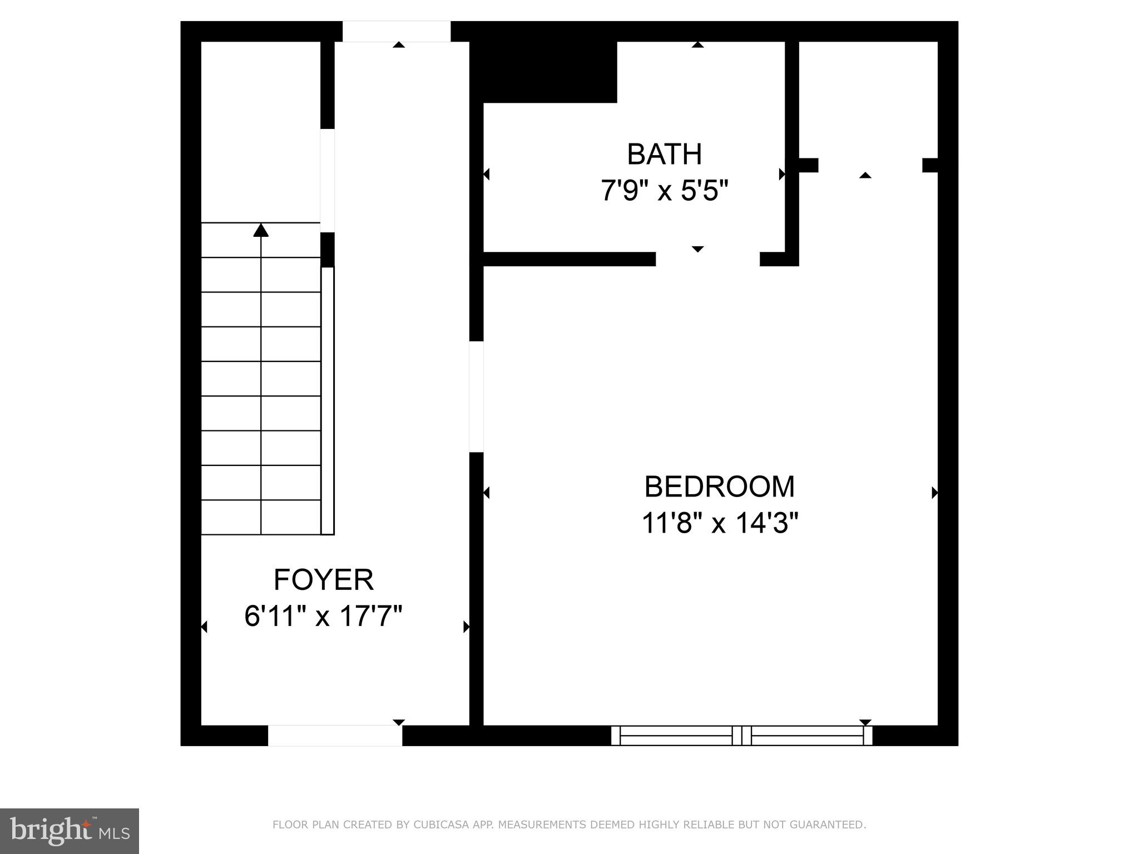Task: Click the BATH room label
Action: [664, 155]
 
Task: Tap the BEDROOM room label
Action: [719, 486]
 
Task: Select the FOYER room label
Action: [323, 580]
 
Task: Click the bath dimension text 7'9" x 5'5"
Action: [664, 191]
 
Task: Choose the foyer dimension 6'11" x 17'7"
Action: [323, 616]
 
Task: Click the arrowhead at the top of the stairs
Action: [261, 230]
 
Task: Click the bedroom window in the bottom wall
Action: [741, 735]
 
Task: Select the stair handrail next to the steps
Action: [328, 400]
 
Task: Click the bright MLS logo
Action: [70, 831]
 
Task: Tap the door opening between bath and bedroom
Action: [707, 259]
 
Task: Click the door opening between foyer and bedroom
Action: [476, 396]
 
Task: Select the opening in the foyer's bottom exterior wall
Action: [335, 735]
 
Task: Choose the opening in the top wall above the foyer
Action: [396, 31]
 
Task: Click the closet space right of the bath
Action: [868, 100]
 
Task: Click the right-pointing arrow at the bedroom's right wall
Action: [934, 493]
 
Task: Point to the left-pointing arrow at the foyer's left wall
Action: [204, 627]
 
